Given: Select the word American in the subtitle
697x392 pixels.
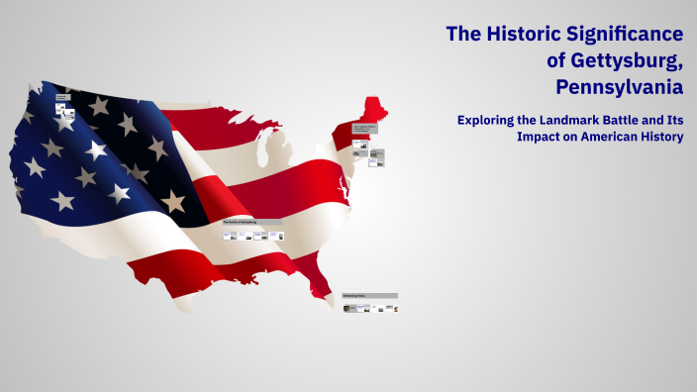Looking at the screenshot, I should (606, 137).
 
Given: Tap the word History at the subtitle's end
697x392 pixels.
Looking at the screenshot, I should (662, 137).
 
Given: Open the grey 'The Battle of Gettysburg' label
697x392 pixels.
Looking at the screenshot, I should (252, 222).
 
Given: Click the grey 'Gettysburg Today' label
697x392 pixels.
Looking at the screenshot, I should (370, 296).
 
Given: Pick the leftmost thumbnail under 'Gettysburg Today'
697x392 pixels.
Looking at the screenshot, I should (348, 308).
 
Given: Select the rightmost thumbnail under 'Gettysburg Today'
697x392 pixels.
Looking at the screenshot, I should (396, 308).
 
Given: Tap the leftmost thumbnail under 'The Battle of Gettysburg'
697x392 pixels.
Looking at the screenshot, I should (230, 236).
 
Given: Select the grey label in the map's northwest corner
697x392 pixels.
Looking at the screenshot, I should (61, 97).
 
